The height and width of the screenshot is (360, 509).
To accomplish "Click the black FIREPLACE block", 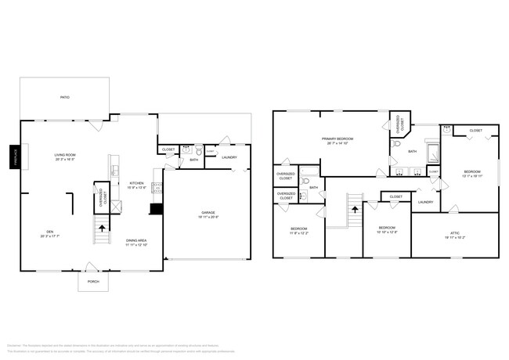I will coord(13,157).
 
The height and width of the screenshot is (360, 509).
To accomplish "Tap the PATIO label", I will coord(65,97).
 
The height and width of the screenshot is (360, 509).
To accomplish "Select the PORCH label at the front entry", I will coord(93,281).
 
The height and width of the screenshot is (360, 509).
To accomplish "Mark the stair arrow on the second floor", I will coord(354,209).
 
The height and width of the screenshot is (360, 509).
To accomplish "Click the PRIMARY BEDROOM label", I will coord(338,141).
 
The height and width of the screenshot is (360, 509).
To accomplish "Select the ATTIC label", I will coord(454,232).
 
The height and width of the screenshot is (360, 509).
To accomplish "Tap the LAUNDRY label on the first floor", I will coord(229,157).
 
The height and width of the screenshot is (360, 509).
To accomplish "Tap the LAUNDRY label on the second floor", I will coord(425,202).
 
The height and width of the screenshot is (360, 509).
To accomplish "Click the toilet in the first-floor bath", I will coord(199,151).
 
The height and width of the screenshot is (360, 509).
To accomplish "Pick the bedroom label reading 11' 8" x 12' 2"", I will coord(299,231).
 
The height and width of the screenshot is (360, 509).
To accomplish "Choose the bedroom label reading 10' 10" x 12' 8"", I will coord(387,229).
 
